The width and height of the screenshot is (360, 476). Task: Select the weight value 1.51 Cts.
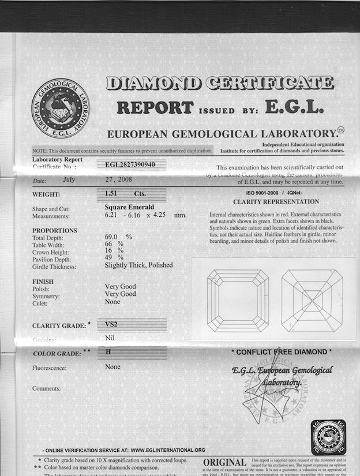pyautogui.click(x=123, y=194)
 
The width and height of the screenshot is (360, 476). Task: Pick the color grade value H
pyautogui.click(x=108, y=351)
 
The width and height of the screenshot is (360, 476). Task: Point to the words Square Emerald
pyautogui.click(x=128, y=207)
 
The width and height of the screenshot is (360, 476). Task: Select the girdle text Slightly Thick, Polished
pyautogui.click(x=138, y=265)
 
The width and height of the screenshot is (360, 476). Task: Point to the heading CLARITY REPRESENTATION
pyautogui.click(x=276, y=202)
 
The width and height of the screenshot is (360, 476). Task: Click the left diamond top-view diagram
pyautogui.click(x=237, y=300)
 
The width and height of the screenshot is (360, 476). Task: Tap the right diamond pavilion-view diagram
pyautogui.click(x=312, y=300)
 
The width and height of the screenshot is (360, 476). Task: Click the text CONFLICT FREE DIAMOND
pyautogui.click(x=282, y=351)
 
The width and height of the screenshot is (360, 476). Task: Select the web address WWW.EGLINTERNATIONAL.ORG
pyautogui.click(x=168, y=449)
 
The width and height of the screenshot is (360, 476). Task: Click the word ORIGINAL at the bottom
pyautogui.click(x=224, y=463)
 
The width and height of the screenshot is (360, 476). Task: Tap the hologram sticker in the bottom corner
pyautogui.click(x=328, y=436)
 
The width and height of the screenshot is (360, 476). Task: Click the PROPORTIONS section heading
pyautogui.click(x=55, y=230)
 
